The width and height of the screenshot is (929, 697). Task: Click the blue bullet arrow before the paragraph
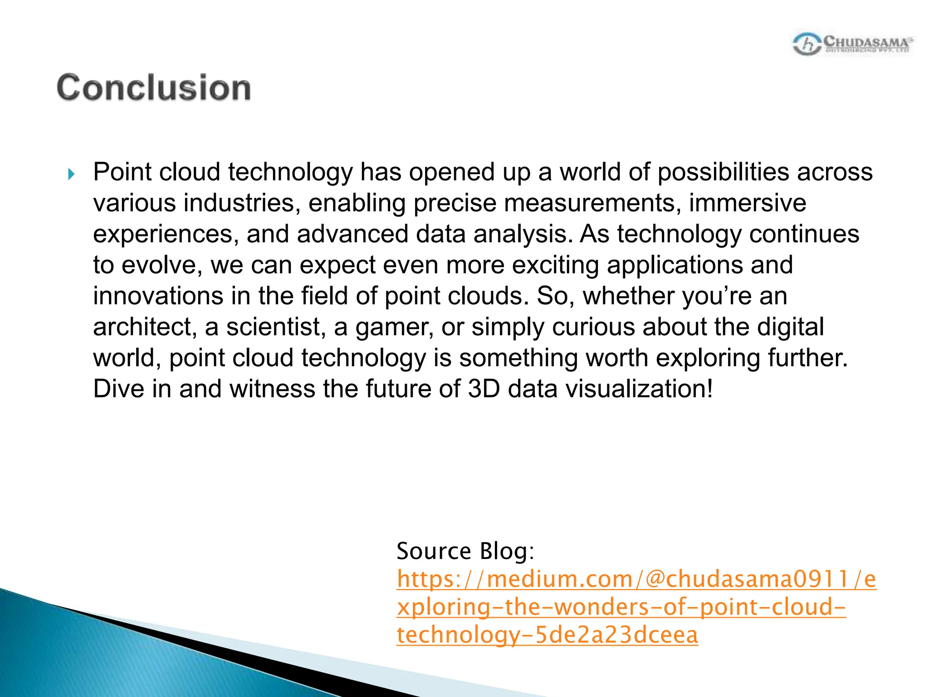pyautogui.click(x=71, y=174)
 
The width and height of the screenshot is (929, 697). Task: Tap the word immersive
pyautogui.click(x=747, y=203)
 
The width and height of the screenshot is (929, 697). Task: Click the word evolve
pyautogui.click(x=161, y=265)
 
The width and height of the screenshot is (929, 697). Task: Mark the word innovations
pyautogui.click(x=158, y=296)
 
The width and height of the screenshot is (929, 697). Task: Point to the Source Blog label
pyautogui.click(x=465, y=551)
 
